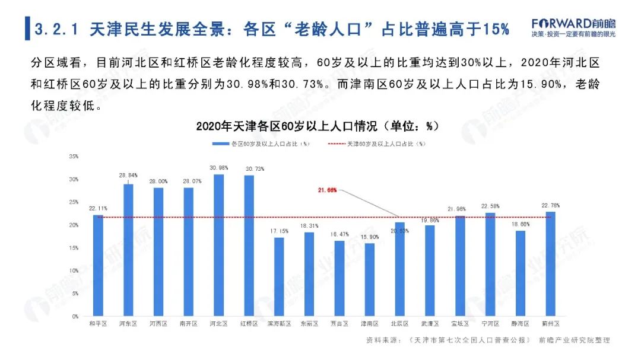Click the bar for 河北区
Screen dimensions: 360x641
coord(218,244)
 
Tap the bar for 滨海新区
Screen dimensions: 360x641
coord(279,276)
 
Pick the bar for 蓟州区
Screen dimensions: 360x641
coord(550,263)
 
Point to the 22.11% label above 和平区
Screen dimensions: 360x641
coord(98,208)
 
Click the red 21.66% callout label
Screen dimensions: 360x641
coord(327,190)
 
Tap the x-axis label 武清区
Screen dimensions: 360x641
coord(430,324)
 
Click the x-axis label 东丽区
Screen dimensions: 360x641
coord(309,324)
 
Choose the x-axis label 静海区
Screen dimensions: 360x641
coord(520,324)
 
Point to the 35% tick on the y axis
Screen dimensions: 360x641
coord(74,156)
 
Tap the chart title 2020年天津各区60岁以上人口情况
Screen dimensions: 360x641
coord(317,126)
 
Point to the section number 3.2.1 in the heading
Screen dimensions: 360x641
coord(58,29)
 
